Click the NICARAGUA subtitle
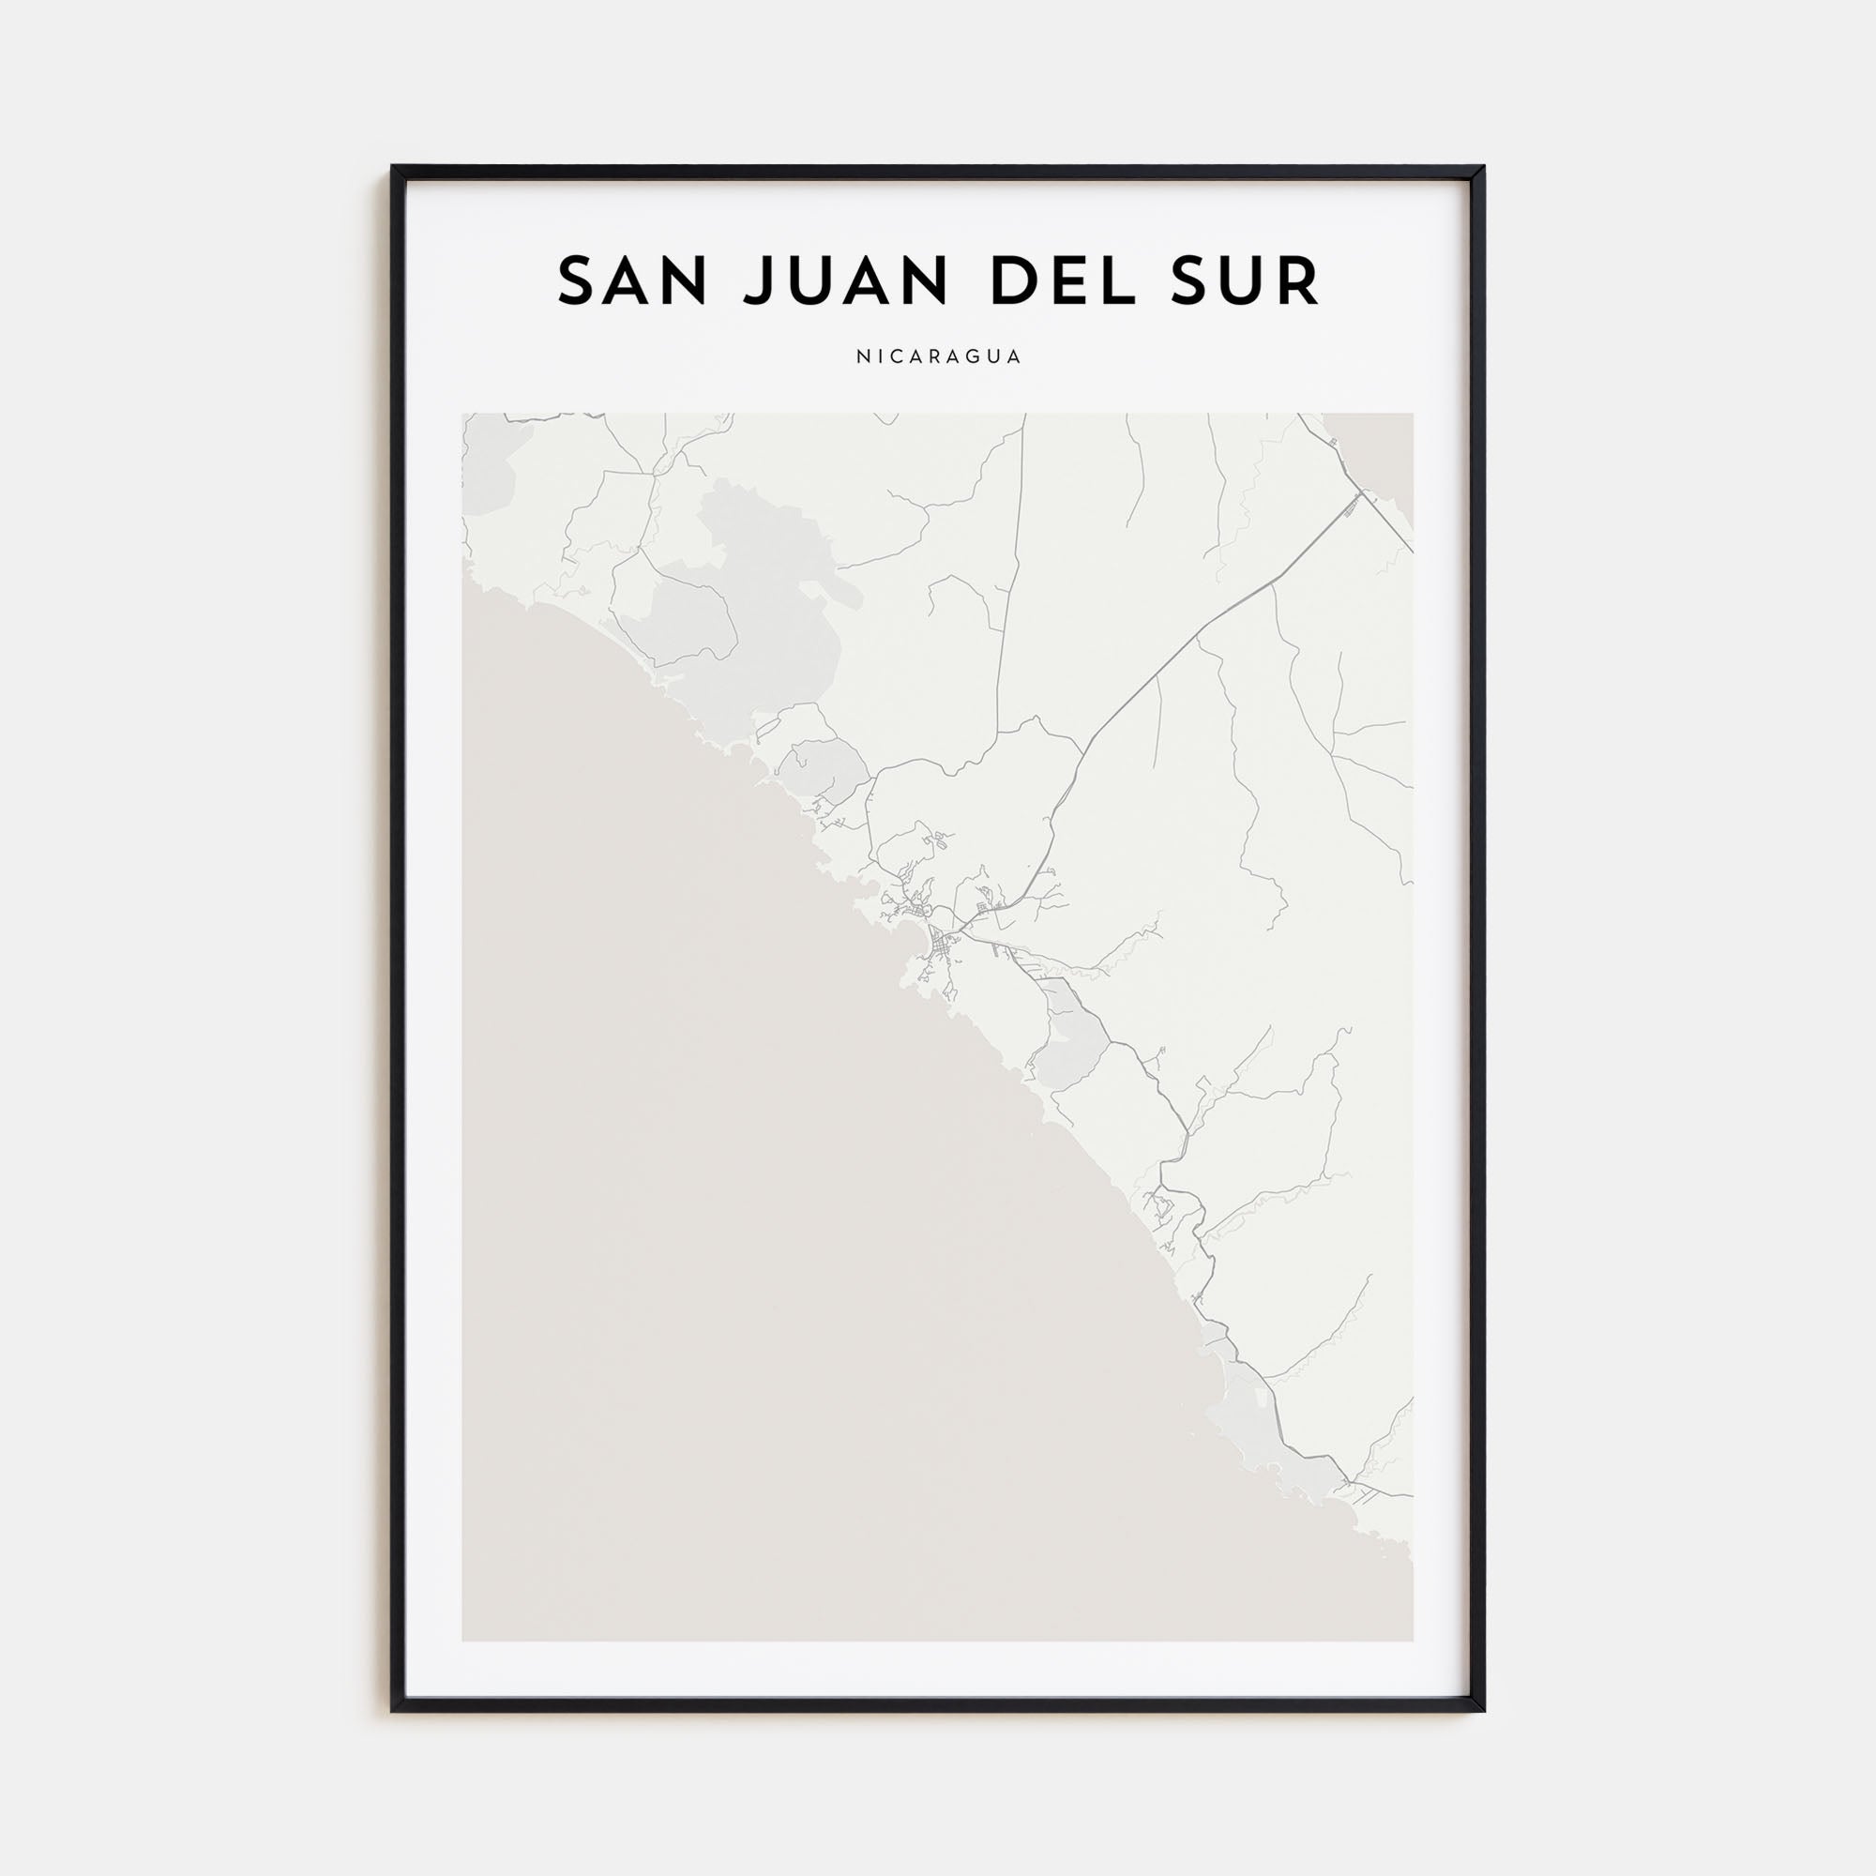[x=938, y=356]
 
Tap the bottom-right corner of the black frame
[x=1482, y=1708]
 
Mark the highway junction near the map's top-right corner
[x=1362, y=493]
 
